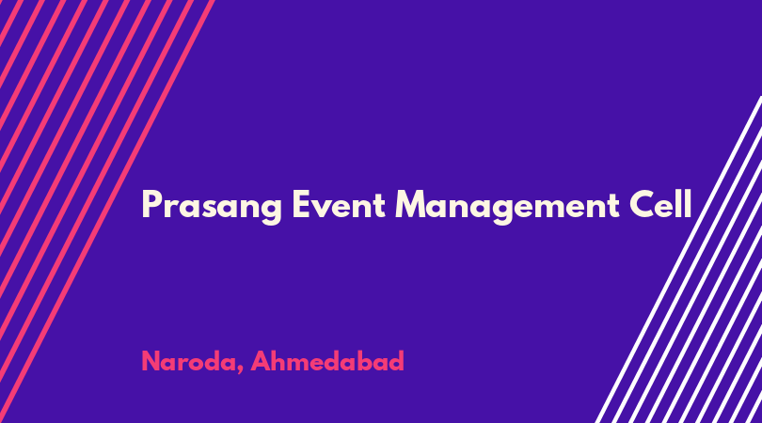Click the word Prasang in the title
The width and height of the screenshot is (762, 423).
click(212, 207)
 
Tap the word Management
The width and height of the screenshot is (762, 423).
click(507, 207)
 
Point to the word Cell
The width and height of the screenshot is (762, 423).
click(660, 203)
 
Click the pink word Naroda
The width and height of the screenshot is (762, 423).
click(188, 361)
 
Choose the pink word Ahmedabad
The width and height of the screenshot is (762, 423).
click(327, 361)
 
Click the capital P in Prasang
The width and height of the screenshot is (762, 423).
click(151, 204)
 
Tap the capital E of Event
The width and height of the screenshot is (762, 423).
click(301, 204)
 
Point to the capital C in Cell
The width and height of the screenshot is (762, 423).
click(642, 204)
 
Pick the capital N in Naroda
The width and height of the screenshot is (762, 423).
click(151, 361)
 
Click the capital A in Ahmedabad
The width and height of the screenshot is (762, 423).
click(261, 361)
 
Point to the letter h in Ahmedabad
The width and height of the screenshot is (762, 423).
click(280, 361)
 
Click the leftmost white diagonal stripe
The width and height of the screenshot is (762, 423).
click(679, 259)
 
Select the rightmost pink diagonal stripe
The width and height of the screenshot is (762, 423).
click(107, 211)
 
